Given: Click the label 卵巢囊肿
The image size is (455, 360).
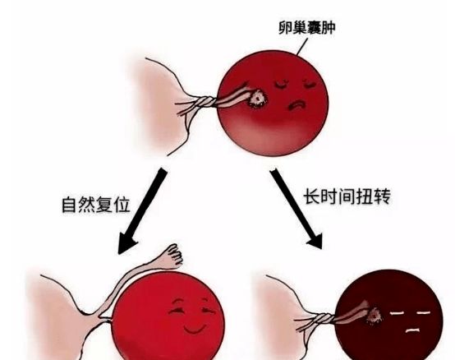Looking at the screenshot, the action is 306,28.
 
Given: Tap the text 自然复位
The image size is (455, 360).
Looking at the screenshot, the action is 96,205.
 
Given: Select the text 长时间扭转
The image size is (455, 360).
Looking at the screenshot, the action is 347,196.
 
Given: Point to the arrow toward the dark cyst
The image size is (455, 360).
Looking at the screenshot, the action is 296,209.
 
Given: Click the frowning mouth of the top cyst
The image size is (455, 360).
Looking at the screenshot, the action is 296,105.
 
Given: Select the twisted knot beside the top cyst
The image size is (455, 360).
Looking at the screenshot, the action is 206,102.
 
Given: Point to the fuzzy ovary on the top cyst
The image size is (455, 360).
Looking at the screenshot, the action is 256,98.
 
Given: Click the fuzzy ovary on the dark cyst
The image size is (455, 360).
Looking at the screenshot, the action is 374,316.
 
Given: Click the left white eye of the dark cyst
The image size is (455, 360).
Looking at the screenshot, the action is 398,313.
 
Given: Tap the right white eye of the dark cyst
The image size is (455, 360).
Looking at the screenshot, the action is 423,312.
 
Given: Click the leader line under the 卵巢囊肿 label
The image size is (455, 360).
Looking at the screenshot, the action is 301,47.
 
